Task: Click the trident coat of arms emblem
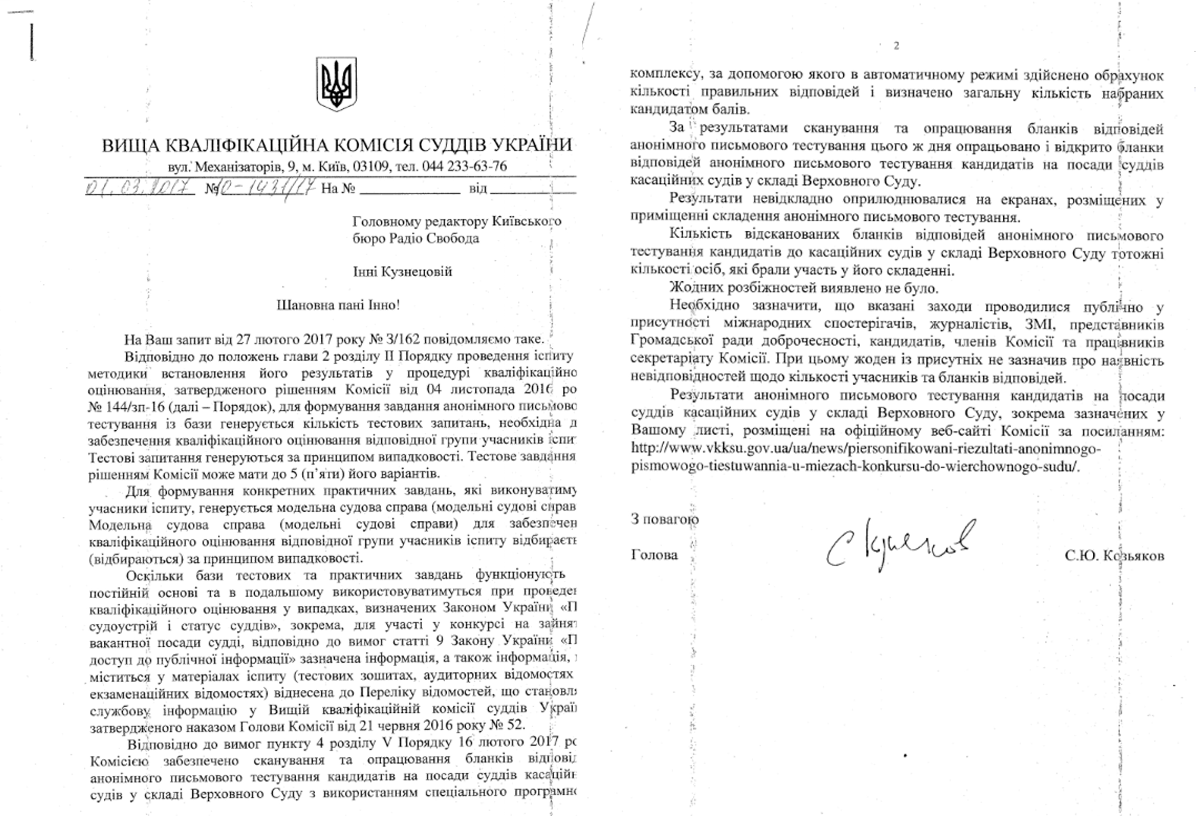point(336,83)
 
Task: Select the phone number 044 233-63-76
point(464,166)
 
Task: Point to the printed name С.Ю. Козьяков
point(1114,555)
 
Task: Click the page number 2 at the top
point(896,46)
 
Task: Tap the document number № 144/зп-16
point(126,407)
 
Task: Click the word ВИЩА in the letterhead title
point(130,146)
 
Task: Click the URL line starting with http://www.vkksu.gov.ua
point(866,449)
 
